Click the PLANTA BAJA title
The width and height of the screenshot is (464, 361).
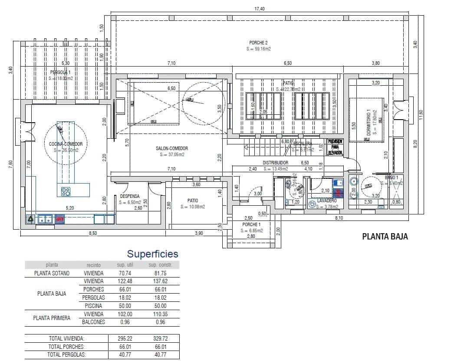click(x=385, y=237)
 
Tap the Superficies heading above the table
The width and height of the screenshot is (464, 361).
click(x=152, y=254)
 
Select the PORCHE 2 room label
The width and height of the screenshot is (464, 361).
click(x=258, y=43)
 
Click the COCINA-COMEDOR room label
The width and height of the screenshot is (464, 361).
click(x=66, y=144)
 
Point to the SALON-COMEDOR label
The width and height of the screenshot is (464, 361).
click(x=172, y=148)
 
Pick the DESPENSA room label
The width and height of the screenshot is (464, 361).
click(x=130, y=196)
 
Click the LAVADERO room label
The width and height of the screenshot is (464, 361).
click(x=327, y=201)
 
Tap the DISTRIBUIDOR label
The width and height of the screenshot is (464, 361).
click(x=276, y=163)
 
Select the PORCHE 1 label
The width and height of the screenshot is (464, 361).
click(x=252, y=224)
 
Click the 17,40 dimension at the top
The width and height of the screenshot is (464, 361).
click(x=260, y=8)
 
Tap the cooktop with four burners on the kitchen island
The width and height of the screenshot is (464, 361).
click(x=66, y=191)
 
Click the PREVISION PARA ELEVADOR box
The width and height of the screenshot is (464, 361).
click(x=335, y=147)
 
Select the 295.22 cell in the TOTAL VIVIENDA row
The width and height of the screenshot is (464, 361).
click(x=125, y=338)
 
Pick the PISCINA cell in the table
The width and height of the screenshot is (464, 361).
click(x=93, y=306)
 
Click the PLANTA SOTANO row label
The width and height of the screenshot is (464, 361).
click(x=52, y=273)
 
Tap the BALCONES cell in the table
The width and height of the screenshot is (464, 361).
click(x=93, y=322)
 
